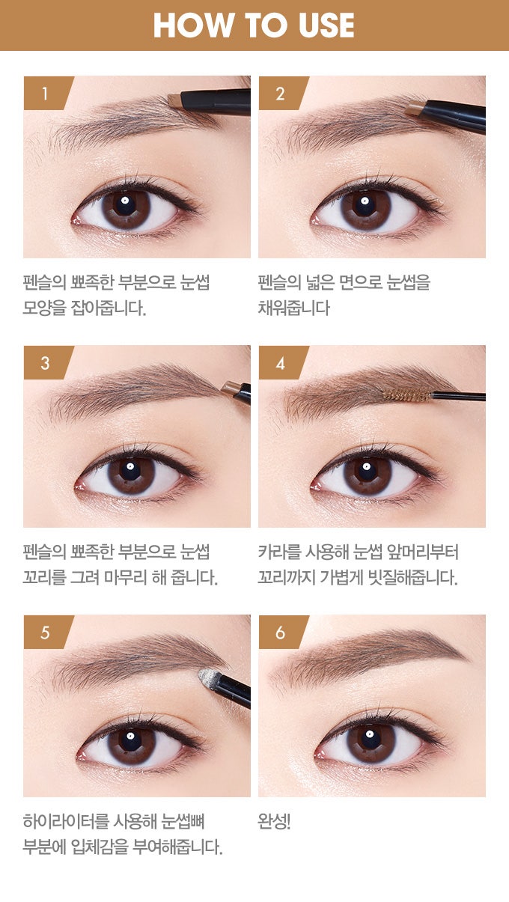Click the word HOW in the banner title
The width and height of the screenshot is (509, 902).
click(x=193, y=25)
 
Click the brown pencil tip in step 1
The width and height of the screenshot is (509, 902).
click(x=175, y=100)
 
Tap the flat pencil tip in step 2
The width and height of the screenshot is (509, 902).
click(x=415, y=108)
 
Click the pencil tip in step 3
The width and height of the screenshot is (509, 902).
click(x=231, y=388)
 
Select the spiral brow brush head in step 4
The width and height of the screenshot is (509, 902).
click(x=407, y=395)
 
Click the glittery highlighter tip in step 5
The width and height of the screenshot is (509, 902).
click(x=208, y=677)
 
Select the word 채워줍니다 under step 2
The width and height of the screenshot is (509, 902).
click(x=293, y=308)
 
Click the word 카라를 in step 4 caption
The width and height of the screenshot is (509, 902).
click(x=279, y=552)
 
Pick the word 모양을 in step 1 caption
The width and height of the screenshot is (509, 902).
click(x=44, y=308)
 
